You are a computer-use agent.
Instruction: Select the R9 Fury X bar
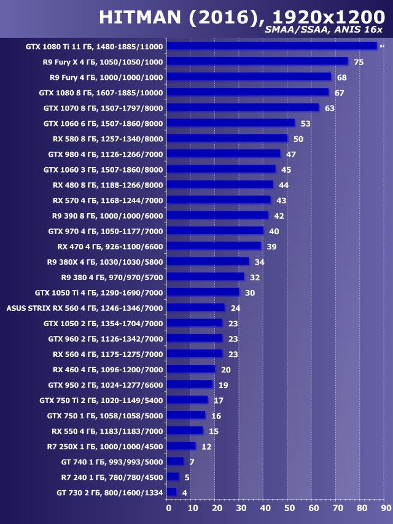click(x=257, y=61)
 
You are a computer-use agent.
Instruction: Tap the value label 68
click(x=342, y=77)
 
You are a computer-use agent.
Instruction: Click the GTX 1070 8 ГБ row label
click(x=103, y=108)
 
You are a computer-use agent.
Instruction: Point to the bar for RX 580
click(x=227, y=139)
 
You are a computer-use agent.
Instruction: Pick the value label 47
click(x=291, y=154)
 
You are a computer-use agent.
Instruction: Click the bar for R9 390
click(x=217, y=216)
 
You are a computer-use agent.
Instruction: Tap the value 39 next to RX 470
click(x=271, y=246)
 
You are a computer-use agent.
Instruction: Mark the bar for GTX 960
click(x=194, y=338)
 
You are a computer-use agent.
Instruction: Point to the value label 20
click(x=225, y=369)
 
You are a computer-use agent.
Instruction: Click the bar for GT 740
click(x=175, y=461)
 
